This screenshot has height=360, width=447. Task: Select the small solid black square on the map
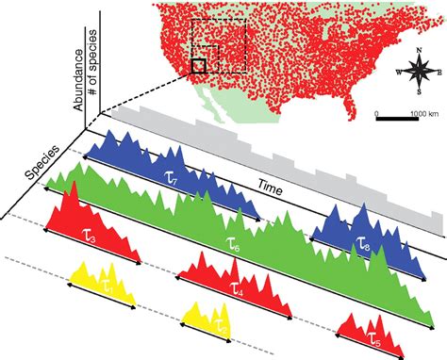pos(197,65)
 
